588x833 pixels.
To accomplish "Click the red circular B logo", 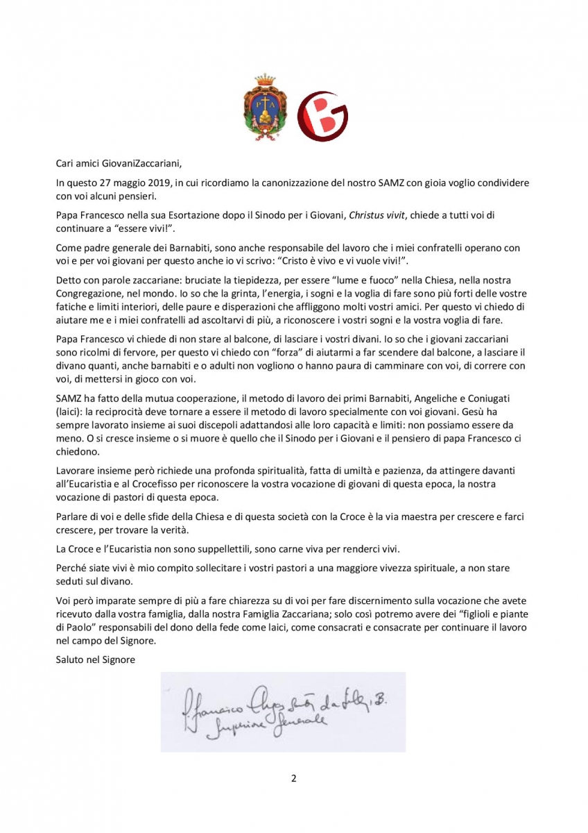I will click(x=322, y=116).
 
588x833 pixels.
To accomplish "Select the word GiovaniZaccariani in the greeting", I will click(x=139, y=164).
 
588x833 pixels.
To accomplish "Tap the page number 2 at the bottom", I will click(x=294, y=777).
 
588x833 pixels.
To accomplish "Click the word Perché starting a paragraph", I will click(x=72, y=567).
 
